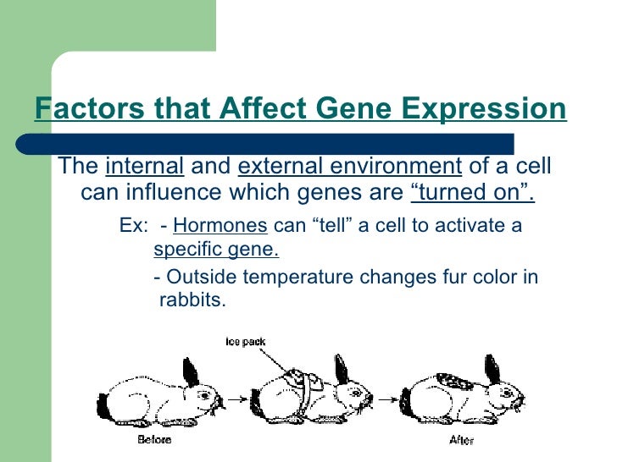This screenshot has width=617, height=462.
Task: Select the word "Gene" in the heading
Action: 355,110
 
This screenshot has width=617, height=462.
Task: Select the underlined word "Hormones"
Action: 220,226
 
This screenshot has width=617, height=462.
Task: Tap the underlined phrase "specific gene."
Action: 215,251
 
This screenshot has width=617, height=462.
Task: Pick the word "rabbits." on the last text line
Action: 192,300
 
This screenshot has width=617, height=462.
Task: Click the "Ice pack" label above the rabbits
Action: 245,342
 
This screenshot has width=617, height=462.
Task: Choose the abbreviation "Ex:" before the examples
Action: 133,226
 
